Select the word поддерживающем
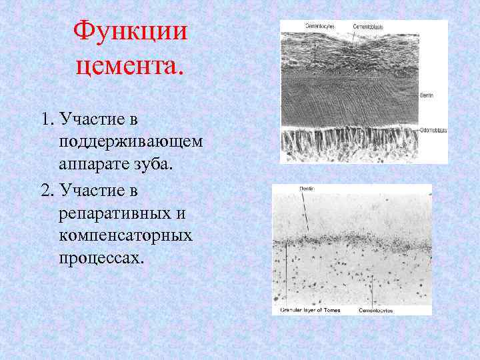(x=131, y=143)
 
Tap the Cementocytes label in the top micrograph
(x=319, y=26)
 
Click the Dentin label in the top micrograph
(x=427, y=95)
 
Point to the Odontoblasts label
(x=433, y=131)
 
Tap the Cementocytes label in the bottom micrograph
(x=375, y=310)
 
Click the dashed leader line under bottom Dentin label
(x=306, y=213)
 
